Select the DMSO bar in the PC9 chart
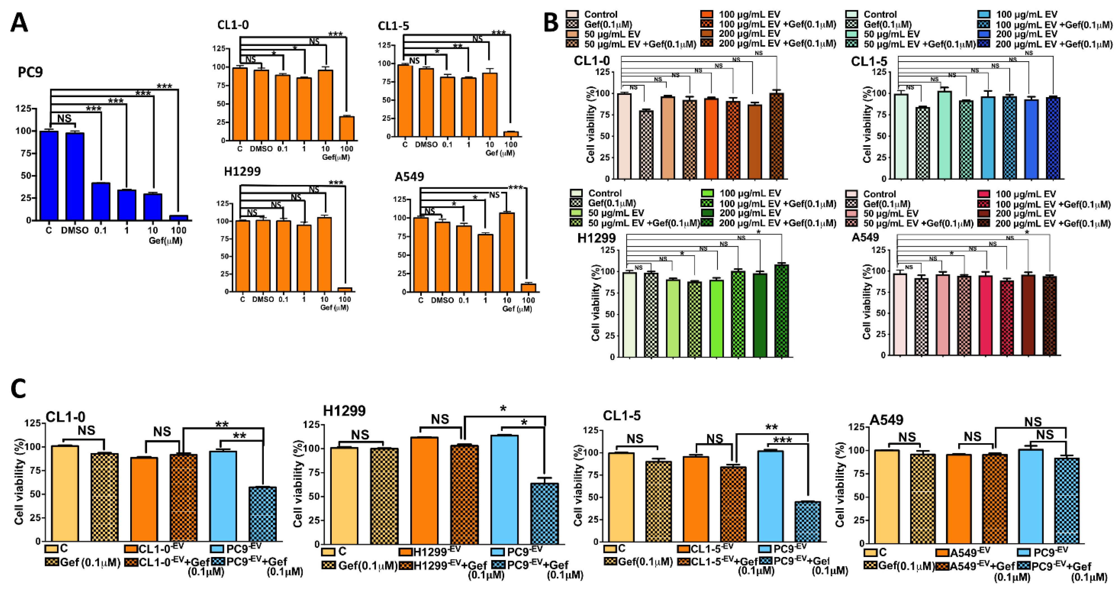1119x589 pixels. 75,176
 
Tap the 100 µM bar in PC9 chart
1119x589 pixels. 179,218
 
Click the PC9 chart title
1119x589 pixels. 30,72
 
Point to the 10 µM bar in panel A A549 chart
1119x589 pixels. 507,252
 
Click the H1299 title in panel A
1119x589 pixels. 242,171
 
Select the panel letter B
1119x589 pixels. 551,22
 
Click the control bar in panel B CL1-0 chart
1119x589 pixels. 624,136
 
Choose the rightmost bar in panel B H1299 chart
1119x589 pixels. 781,311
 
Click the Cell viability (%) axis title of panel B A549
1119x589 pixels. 867,302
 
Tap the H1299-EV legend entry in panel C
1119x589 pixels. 430,552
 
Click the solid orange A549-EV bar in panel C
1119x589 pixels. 959,499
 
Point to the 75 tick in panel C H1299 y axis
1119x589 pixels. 311,472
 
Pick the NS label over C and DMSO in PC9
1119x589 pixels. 64,118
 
